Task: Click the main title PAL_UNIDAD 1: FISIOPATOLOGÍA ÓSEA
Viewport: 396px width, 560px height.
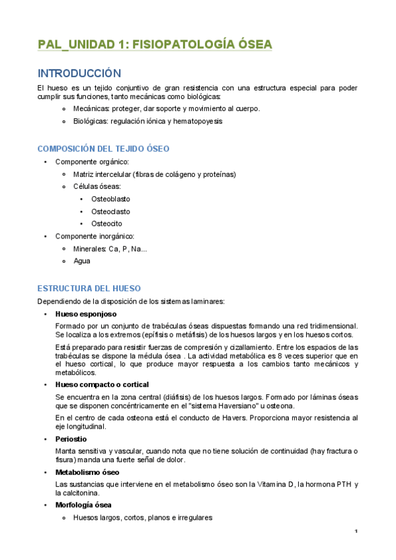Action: click(155, 44)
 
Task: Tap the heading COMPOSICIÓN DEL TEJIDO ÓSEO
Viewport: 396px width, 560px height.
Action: click(103, 149)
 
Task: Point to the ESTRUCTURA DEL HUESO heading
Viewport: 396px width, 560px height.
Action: click(89, 289)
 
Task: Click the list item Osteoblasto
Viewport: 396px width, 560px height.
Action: click(110, 199)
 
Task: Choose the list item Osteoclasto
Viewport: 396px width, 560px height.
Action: click(110, 211)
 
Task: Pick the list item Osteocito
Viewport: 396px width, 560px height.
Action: click(106, 224)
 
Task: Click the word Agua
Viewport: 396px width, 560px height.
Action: click(82, 261)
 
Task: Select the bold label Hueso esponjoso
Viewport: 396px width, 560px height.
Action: click(86, 314)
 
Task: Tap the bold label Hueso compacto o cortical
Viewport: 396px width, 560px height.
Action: click(102, 384)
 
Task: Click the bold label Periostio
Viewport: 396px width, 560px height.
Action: click(71, 438)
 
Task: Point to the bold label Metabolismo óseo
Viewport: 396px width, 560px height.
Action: click(87, 472)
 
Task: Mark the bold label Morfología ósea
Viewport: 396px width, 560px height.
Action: click(83, 505)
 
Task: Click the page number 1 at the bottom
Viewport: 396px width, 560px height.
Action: click(356, 532)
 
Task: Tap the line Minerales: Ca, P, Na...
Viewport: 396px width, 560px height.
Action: click(110, 248)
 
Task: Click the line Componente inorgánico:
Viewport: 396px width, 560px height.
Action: click(95, 236)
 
